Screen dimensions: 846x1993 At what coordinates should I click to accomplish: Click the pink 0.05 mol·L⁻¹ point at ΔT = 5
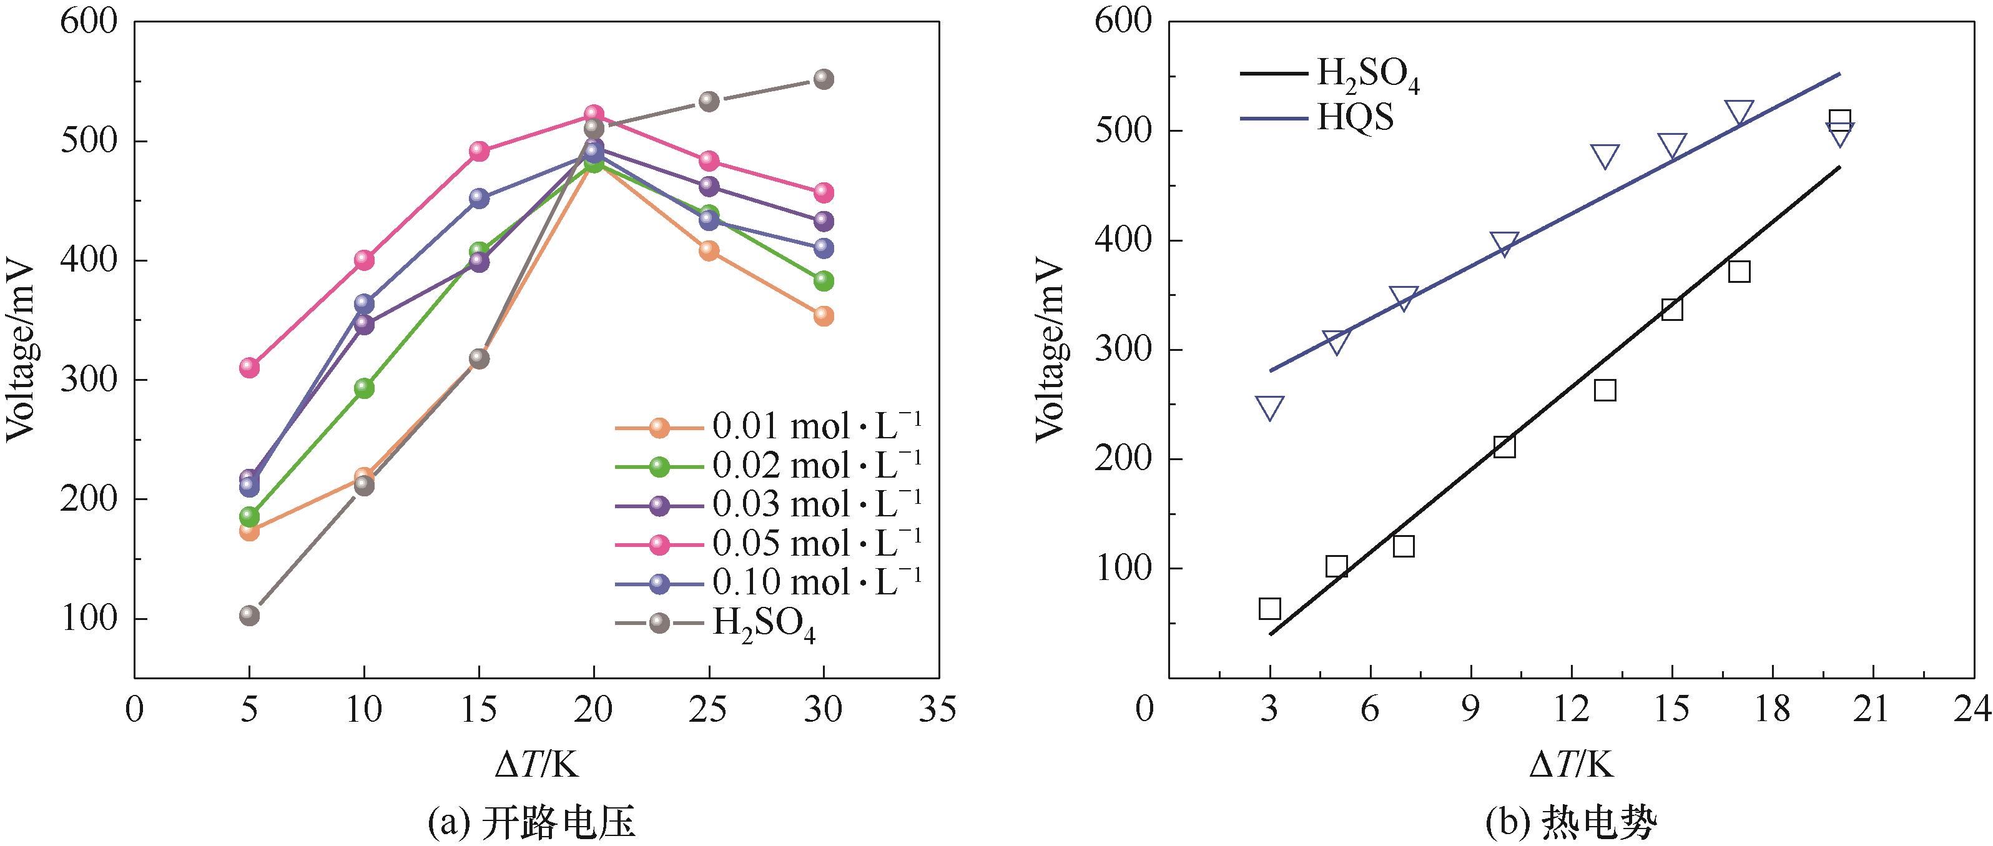[249, 366]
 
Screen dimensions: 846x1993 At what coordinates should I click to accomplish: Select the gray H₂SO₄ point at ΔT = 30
[824, 79]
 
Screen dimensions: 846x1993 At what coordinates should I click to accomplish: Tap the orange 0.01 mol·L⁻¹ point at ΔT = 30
[824, 315]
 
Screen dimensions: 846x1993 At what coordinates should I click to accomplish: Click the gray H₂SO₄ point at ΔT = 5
[249, 616]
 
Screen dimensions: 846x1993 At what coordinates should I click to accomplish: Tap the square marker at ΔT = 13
[1605, 390]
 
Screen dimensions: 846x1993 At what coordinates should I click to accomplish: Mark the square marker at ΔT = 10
[1504, 447]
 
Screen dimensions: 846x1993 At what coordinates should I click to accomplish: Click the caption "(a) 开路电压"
[531, 823]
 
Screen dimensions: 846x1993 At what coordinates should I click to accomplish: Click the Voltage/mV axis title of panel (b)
[1051, 350]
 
